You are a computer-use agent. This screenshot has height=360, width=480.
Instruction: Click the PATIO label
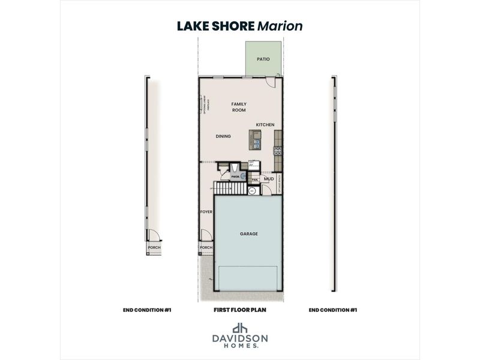pos(263,59)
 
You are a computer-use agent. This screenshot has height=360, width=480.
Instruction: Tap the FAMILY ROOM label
pos(239,107)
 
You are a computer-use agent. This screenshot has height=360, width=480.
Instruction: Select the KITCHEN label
pos(265,125)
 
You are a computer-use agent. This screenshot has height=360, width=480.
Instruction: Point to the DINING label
pos(223,136)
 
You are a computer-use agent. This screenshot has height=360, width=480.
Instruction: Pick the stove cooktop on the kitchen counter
pos(277,151)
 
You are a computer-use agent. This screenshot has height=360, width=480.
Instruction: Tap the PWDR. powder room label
pos(235,176)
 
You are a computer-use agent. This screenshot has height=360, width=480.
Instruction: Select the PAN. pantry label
pos(254,179)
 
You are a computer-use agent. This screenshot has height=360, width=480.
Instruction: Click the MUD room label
pos(269,179)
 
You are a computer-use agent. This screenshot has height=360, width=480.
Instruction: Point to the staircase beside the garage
pos(230,188)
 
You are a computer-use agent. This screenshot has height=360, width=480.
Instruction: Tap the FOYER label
pos(206,211)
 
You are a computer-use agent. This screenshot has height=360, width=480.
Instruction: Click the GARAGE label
pos(249,234)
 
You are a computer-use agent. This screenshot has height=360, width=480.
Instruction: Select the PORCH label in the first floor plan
pos(206,247)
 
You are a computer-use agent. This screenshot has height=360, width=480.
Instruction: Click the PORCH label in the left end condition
pos(154,247)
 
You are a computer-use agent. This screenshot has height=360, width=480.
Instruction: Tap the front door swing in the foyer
pos(205,235)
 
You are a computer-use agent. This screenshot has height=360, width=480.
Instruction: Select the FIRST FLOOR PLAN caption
pos(239,310)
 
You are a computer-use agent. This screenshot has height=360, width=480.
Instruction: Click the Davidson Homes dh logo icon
pos(240,329)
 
